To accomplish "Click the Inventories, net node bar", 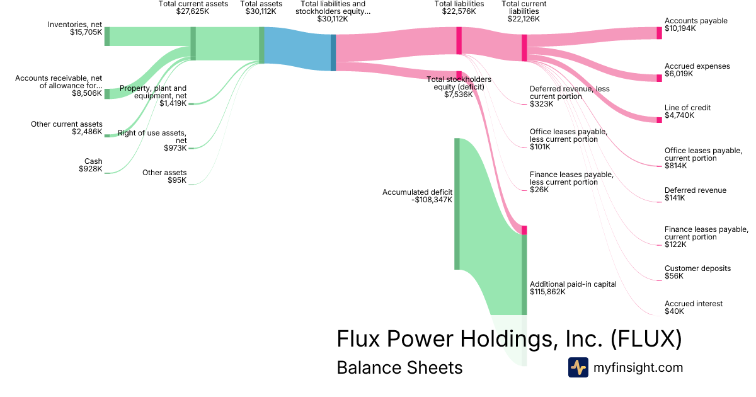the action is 107,37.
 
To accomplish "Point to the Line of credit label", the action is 687,108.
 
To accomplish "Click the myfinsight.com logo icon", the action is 578,367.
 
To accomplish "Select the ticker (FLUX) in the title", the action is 646,339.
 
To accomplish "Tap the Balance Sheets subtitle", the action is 399,367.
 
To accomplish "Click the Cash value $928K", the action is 90,169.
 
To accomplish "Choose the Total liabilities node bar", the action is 459,40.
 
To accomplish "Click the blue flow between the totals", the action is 297,46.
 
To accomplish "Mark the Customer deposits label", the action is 697,268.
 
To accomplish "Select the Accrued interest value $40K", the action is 674,311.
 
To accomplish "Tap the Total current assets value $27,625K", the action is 193,11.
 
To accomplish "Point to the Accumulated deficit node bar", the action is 457,204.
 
